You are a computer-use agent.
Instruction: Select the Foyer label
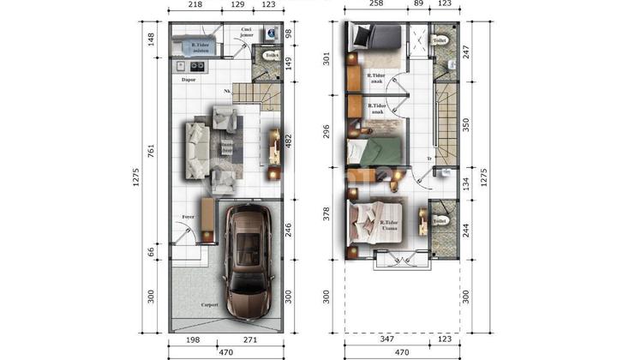(x=188, y=217)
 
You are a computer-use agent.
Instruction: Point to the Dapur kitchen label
(x=189, y=79)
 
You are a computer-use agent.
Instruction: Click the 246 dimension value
(x=289, y=229)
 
